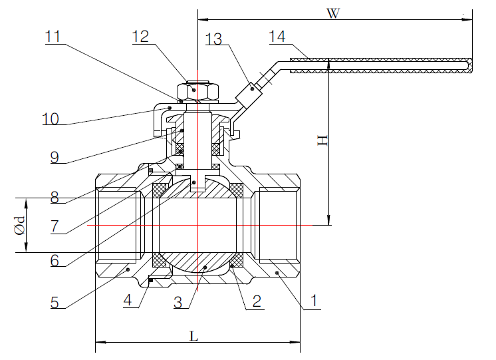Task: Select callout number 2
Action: (253, 301)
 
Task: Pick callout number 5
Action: (59, 301)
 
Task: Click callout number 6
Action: (59, 260)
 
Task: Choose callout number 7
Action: (59, 226)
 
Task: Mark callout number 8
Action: (59, 198)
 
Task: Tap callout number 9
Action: (59, 158)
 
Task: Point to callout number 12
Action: (141, 37)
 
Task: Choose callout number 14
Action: (278, 37)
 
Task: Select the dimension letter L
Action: (194, 336)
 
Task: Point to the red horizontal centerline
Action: (199, 226)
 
